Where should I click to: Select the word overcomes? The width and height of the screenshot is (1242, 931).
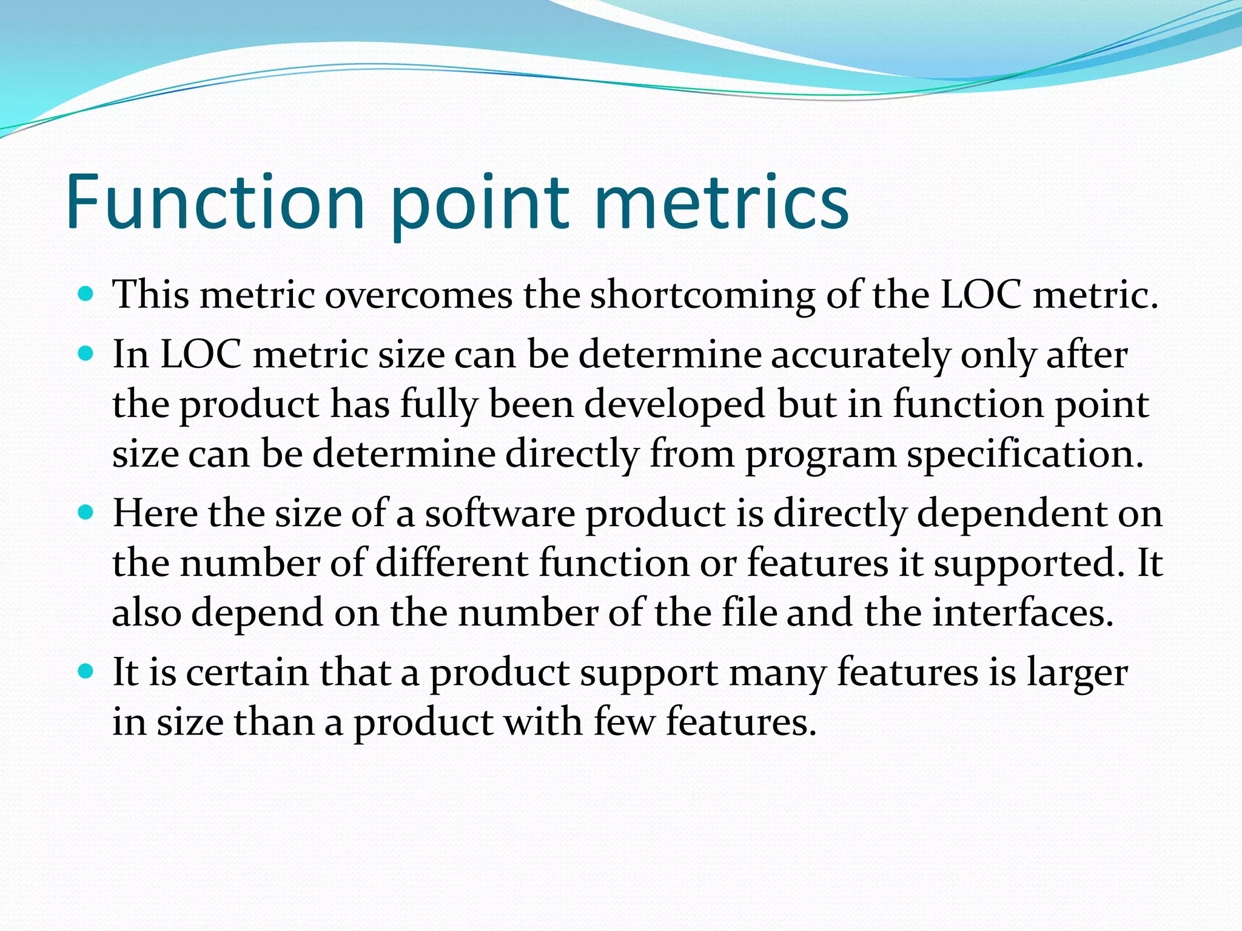coord(418,295)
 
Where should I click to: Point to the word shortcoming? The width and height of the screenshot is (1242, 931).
coord(702,295)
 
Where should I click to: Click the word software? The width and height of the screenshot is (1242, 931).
coord(499,513)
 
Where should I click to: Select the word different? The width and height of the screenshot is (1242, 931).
coord(452,563)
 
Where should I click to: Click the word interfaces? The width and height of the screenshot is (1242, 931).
coord(1022,613)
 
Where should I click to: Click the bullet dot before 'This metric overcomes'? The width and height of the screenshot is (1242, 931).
coord(86,295)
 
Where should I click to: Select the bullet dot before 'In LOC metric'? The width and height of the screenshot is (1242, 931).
coord(86,354)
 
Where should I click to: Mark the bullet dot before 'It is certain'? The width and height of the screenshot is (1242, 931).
coord(86,672)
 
